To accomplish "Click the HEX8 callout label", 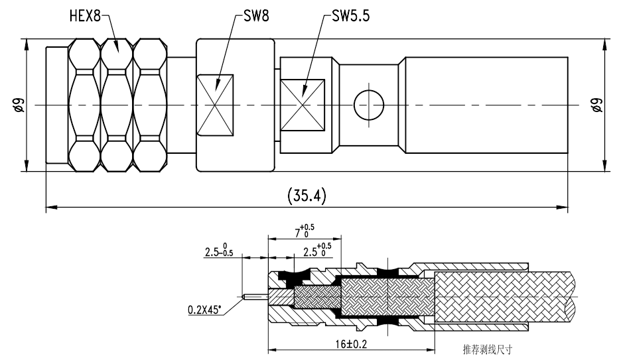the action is (x=85, y=16).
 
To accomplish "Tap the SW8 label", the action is (x=256, y=16).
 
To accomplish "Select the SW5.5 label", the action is (x=350, y=16).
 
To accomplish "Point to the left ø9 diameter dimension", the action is (x=18, y=105).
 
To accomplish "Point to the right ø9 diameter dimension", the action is (x=596, y=105).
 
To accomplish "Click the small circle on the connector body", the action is (x=369, y=105).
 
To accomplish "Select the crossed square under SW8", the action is (x=215, y=105).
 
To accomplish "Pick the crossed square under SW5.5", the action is (x=302, y=105).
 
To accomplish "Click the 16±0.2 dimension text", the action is (x=351, y=344).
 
